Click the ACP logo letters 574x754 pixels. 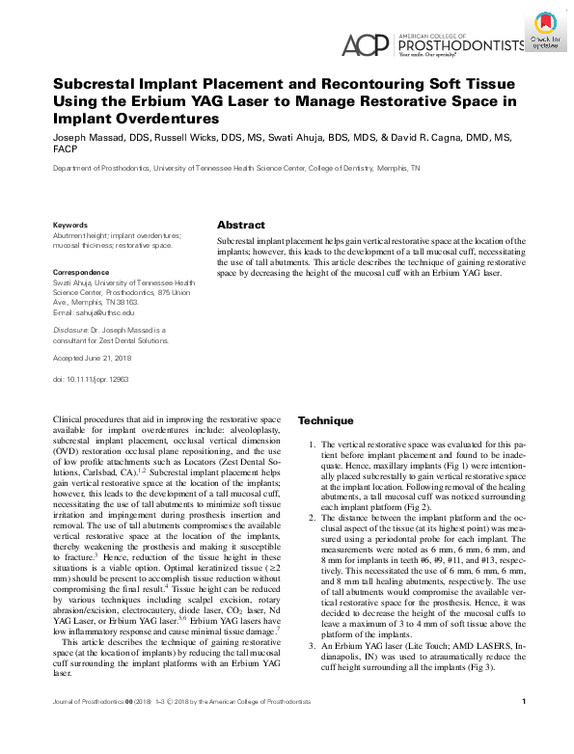click(366, 44)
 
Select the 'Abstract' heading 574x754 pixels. click(241, 224)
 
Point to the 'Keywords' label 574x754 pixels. click(69, 225)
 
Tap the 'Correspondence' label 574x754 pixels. click(80, 273)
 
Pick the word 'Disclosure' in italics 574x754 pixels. click(70, 329)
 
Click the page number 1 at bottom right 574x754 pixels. click(522, 729)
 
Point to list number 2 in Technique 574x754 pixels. click(311, 519)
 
